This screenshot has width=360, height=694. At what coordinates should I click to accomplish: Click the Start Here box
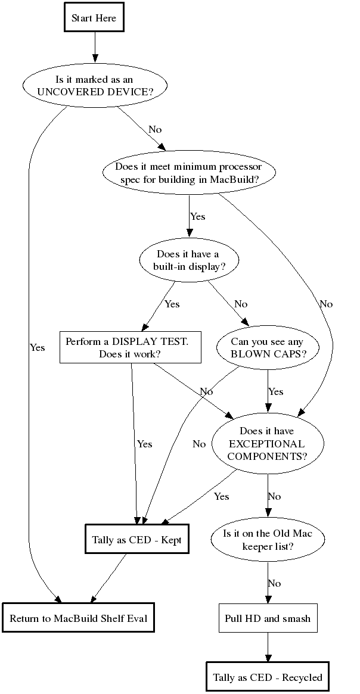click(94, 18)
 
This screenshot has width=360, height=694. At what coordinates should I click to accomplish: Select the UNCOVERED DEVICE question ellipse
click(94, 86)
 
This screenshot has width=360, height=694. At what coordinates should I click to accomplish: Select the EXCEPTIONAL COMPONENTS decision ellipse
click(268, 444)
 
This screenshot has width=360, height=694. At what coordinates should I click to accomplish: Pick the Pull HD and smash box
click(268, 618)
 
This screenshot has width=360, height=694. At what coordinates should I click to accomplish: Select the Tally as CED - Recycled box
click(268, 677)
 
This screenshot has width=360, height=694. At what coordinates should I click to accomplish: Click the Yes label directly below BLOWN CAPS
click(276, 391)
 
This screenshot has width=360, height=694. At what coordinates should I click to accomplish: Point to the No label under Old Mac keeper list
click(274, 583)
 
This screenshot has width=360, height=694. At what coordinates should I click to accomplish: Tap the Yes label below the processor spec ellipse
click(197, 216)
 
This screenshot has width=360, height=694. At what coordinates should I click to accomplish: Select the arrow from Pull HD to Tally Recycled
click(268, 646)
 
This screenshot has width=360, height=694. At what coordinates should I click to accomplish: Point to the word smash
click(296, 618)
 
